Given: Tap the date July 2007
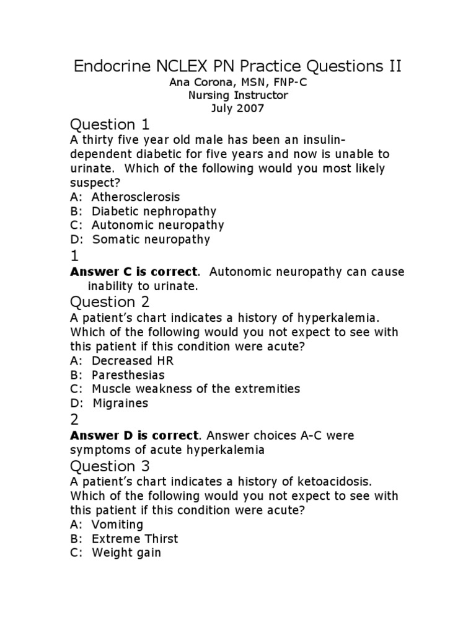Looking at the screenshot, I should (238, 109).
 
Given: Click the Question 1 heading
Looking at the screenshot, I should (111, 124).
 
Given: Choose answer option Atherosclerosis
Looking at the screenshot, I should (136, 197).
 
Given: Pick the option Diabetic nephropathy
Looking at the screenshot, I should (154, 211).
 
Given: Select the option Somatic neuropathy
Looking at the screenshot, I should (151, 239).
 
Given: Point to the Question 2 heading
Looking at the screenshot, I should (112, 302).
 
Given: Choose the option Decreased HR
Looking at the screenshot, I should (133, 360).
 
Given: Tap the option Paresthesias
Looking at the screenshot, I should (128, 375).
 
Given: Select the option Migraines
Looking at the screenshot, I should (121, 403).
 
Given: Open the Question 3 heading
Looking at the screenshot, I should (112, 466).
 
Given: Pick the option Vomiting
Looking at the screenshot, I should (117, 524).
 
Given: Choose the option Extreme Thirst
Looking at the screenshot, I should (134, 538).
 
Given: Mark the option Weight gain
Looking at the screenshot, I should (126, 553).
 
